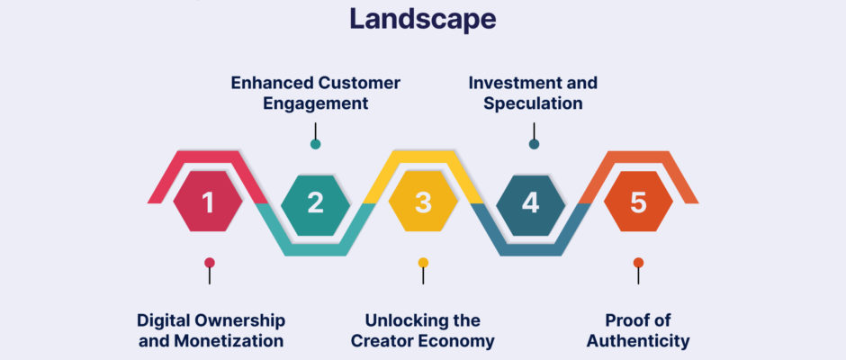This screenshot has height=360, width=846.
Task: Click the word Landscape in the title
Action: point(423,19)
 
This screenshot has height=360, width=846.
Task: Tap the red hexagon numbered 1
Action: point(208,202)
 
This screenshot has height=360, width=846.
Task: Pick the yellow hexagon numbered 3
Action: point(423,202)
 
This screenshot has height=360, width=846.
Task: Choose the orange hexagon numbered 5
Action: point(638,202)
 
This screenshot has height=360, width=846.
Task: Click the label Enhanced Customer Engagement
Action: point(316,93)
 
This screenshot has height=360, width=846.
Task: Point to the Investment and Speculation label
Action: point(533,93)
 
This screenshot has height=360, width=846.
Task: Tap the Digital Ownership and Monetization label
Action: point(211,330)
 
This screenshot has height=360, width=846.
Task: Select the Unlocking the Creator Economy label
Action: point(423,330)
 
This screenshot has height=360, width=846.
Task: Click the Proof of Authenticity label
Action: point(638,330)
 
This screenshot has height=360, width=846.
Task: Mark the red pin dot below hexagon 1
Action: point(210,263)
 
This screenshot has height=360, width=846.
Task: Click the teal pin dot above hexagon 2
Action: point(316,144)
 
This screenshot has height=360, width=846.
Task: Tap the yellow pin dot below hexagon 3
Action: point(423,263)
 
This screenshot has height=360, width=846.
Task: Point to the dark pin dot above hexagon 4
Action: point(534,144)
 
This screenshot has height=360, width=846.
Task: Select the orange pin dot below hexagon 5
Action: point(638,263)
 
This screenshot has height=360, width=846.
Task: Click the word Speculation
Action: point(533,103)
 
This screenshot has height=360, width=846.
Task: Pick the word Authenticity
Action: point(638,341)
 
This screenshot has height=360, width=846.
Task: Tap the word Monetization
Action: point(229,341)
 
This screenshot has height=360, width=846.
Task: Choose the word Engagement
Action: point(316,103)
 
